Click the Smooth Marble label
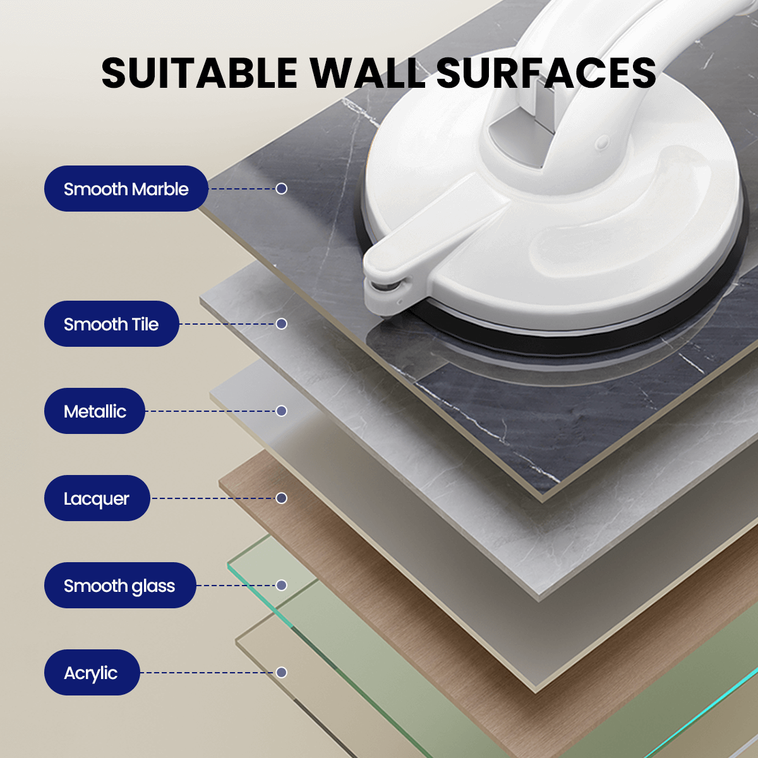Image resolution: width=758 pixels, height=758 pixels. coord(126,188)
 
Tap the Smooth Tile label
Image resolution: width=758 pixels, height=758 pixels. coord(111,324)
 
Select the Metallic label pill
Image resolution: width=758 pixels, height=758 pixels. coord(94,411)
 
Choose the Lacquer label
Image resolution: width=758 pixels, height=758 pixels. coord(97,498)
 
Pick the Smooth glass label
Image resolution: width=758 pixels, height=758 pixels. coord(119,586)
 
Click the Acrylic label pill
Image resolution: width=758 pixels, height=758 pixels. coord(92,673)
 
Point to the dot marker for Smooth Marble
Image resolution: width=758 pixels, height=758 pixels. coord(281,188)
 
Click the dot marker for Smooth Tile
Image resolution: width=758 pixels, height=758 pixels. coord(281,324)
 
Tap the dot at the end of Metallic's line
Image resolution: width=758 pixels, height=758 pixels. coord(281,411)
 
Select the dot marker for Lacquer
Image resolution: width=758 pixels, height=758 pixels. coord(281,498)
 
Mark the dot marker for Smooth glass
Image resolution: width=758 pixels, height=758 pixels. coord(281,586)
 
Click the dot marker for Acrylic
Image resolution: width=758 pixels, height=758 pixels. coord(281,673)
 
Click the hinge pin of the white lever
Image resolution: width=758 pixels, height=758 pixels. coord(387,287)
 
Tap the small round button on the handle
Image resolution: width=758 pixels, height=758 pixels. coord(602,142)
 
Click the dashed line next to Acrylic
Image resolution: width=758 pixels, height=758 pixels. coord(208,673)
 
